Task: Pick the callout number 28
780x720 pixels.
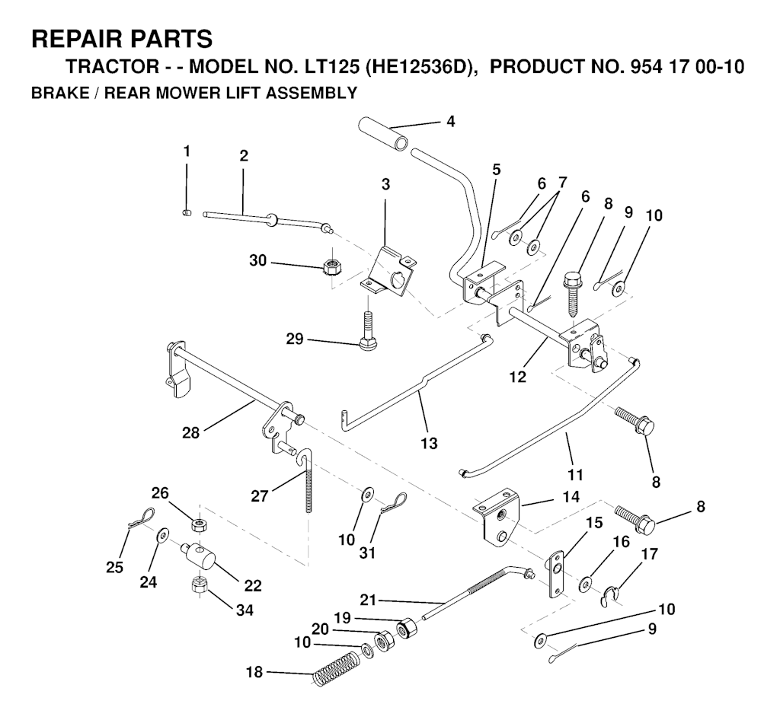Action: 191,432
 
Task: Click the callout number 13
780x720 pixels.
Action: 429,442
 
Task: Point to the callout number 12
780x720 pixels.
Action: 519,377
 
